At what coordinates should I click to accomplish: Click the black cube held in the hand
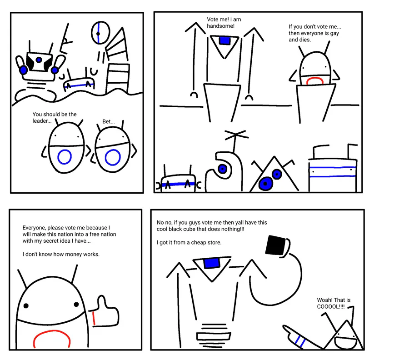[275, 245]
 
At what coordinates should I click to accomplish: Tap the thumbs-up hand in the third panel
[105, 312]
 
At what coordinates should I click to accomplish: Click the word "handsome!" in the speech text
[221, 26]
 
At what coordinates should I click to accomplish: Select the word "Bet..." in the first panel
[109, 121]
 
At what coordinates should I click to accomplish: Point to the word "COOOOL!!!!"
[331, 306]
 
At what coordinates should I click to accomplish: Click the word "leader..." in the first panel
[42, 121]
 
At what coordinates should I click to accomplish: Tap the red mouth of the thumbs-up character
[52, 338]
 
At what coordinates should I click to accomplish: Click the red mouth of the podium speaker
[314, 80]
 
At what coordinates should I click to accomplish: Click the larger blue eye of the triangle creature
[265, 183]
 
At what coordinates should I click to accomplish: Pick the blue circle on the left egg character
[65, 157]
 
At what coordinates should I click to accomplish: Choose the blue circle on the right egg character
[113, 157]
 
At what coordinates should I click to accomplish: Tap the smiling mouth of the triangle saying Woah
[346, 343]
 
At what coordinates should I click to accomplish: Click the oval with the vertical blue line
[100, 33]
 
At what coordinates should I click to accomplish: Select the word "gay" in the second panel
[334, 34]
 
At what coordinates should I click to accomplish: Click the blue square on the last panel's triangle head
[211, 263]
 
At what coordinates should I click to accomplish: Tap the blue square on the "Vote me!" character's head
[224, 40]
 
